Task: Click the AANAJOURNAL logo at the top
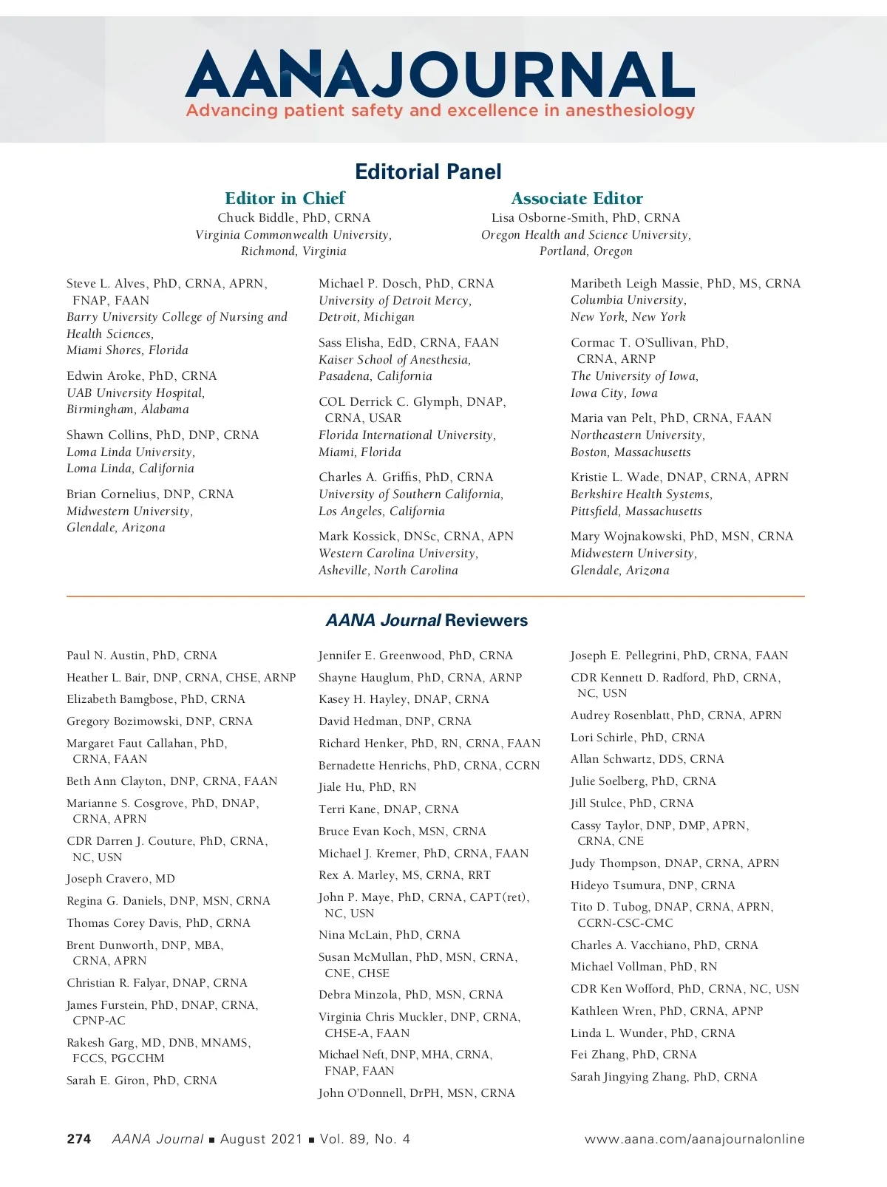tap(440, 74)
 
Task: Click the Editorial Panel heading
tap(428, 171)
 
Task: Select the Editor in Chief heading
tap(285, 198)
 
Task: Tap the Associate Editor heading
tap(577, 198)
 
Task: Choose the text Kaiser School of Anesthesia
tap(394, 359)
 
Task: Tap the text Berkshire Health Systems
tap(641, 494)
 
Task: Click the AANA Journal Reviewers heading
tap(427, 620)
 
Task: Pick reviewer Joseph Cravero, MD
tap(120, 879)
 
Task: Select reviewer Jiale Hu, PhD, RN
tap(367, 787)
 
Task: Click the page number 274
tap(79, 1139)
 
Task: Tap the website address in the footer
tap(694, 1139)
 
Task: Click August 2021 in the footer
tap(261, 1139)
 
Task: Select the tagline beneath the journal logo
tap(441, 111)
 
